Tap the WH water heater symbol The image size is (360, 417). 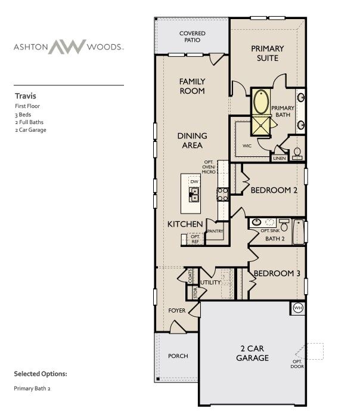point(297,308)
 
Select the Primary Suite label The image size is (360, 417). point(267,53)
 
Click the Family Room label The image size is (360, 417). point(192,86)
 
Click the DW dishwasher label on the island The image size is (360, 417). point(194,180)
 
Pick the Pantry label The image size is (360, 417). point(215,230)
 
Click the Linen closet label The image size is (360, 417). point(279,159)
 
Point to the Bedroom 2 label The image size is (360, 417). point(274,190)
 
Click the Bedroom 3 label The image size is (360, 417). point(277,274)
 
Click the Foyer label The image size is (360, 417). point(177,311)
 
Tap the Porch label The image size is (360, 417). point(178,356)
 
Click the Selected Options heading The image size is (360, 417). point(41,374)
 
